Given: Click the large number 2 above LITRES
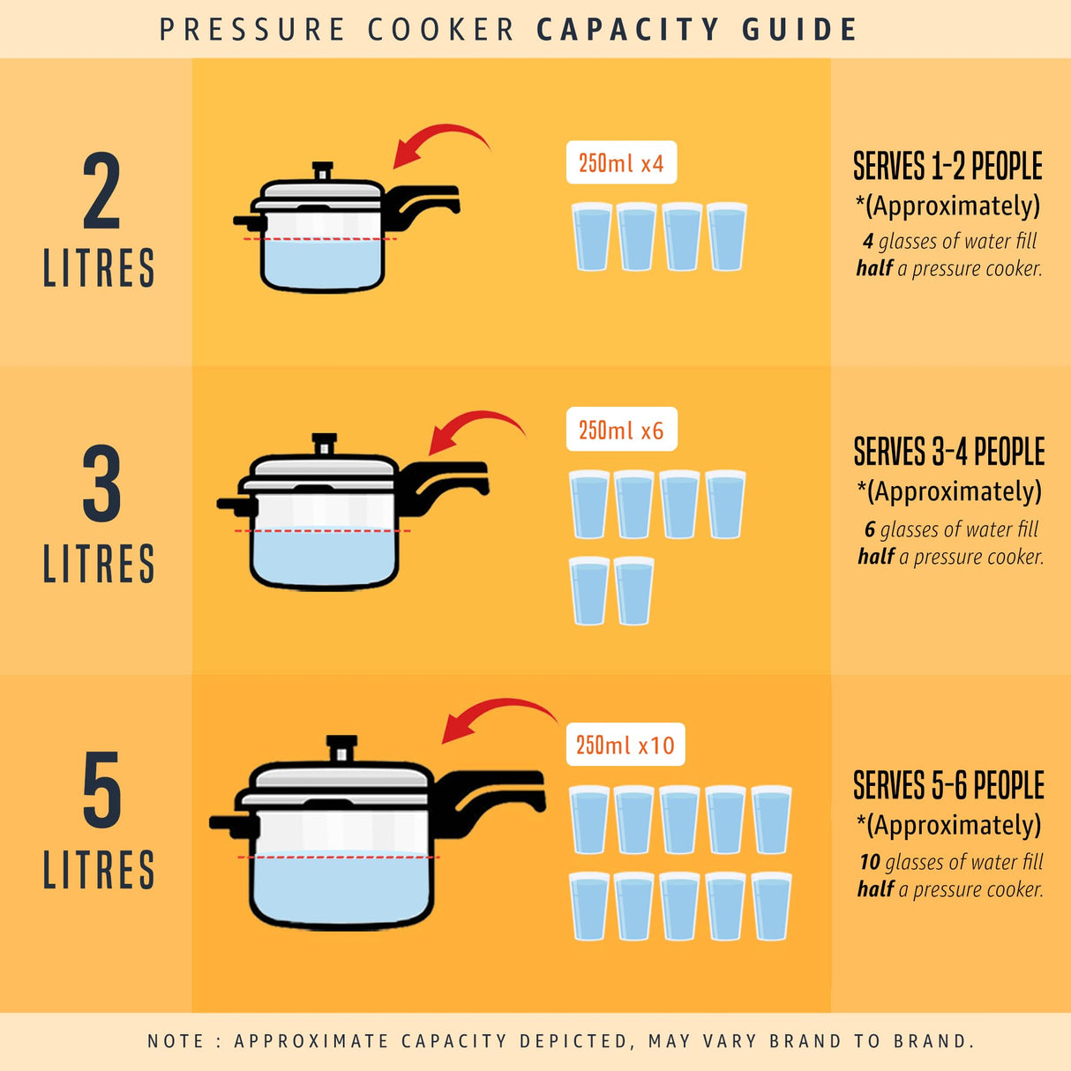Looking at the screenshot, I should point(101,191).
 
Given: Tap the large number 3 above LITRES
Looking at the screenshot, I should point(101,484).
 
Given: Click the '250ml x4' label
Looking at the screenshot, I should point(621,163).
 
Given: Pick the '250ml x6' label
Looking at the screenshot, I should point(621,431).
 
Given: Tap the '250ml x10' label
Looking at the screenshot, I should point(625,745).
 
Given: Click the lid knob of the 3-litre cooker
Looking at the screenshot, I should point(325,443).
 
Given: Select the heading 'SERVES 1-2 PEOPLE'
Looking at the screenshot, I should point(947,167).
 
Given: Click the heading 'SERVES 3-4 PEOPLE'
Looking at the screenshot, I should point(948,452).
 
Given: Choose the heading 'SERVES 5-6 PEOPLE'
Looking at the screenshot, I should point(948,785).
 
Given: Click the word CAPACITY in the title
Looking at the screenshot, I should point(627,30).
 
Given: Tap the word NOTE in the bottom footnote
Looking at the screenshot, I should point(175,1041).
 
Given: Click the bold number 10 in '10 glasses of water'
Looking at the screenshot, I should point(870,862).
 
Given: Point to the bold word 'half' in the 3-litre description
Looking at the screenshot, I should point(875,557).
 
